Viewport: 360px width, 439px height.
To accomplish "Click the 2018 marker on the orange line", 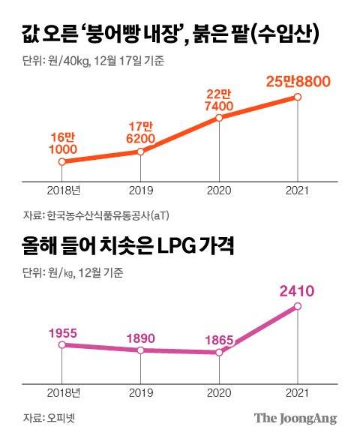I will tap(63, 161).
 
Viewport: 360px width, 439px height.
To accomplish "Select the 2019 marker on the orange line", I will tap(142, 152).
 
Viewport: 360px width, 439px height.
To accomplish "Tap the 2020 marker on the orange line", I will tap(219, 118).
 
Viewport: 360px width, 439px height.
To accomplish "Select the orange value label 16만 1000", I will tap(63, 143).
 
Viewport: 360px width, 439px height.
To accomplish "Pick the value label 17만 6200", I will tap(142, 133).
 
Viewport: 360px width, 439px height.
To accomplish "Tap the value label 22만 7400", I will tap(219, 99).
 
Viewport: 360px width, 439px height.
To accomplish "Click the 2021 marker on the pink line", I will tap(298, 306).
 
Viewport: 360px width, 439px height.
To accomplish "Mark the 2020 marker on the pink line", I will tap(219, 351).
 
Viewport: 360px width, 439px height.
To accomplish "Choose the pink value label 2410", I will tap(298, 289).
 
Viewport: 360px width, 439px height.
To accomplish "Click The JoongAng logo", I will tap(294, 418).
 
